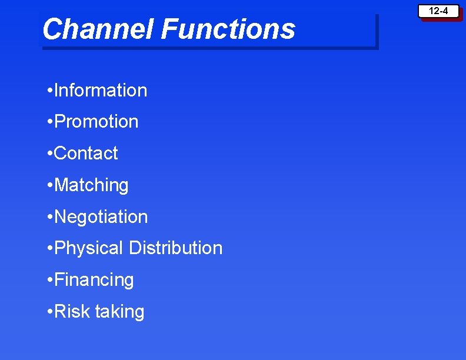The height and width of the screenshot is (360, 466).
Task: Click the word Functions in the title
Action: tap(228, 29)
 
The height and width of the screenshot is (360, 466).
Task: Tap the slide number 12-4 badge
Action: tap(438, 11)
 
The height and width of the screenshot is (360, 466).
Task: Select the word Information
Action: tap(101, 90)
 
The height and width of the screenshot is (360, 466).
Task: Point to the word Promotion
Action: tap(96, 122)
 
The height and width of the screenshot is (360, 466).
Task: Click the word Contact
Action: tap(86, 153)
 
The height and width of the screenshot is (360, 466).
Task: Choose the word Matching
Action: tap(91, 185)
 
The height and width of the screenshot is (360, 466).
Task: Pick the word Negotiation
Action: tap(101, 216)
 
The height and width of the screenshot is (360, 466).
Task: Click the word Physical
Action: tap(89, 248)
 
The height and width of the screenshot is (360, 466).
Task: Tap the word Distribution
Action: tap(176, 248)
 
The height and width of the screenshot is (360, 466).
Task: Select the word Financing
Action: tap(94, 280)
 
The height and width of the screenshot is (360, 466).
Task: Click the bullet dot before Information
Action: tap(49, 91)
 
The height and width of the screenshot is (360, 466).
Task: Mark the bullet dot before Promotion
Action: tap(49, 122)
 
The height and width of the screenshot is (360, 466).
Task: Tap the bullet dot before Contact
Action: tap(49, 154)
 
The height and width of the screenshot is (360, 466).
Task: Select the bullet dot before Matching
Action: tap(49, 186)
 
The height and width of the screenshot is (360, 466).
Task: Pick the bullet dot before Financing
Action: tap(49, 281)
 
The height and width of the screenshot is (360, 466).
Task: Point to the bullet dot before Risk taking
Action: tap(49, 312)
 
